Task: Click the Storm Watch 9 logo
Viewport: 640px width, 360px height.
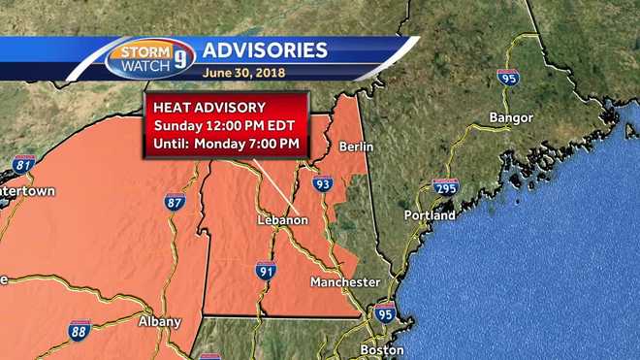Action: (x=150, y=57)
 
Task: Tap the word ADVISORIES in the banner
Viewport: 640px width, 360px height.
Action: (x=264, y=49)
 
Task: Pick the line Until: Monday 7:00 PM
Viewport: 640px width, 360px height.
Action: (x=225, y=145)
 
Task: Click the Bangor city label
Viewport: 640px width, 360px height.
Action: (x=511, y=117)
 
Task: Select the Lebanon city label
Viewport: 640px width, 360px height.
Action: (x=282, y=220)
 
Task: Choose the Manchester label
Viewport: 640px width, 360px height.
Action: (x=345, y=281)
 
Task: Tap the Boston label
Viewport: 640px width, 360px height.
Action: (x=381, y=349)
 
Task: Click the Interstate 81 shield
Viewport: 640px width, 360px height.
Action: (x=24, y=164)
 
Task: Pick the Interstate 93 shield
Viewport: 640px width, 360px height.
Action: (x=323, y=182)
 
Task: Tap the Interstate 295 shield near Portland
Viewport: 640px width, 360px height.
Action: (x=445, y=185)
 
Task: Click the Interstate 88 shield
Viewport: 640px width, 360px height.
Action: (x=80, y=329)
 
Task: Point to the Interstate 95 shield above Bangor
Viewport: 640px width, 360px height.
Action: (x=508, y=77)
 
